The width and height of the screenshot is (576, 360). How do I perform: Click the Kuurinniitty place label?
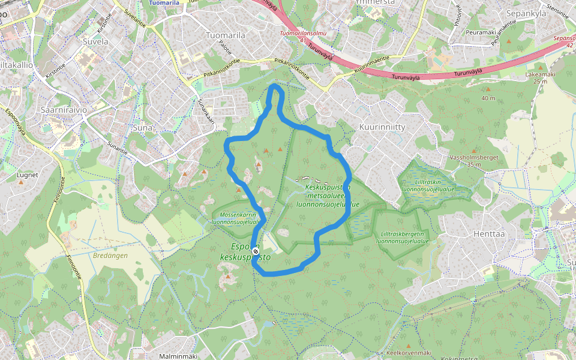click(382, 127)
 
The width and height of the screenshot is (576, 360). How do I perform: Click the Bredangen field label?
click(111, 254)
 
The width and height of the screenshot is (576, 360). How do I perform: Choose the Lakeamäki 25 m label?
click(541, 77)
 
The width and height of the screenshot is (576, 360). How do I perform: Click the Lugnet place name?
click(28, 175)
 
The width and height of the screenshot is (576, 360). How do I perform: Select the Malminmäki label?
click(178, 356)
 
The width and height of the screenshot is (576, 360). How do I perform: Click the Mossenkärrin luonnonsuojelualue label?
click(235, 218)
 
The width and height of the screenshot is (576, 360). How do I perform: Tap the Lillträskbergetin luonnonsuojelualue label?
click(403, 238)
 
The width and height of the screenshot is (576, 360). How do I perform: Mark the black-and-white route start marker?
click(256, 251)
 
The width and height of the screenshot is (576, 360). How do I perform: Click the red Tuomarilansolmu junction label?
click(302, 34)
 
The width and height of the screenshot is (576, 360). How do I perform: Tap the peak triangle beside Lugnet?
click(22, 182)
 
